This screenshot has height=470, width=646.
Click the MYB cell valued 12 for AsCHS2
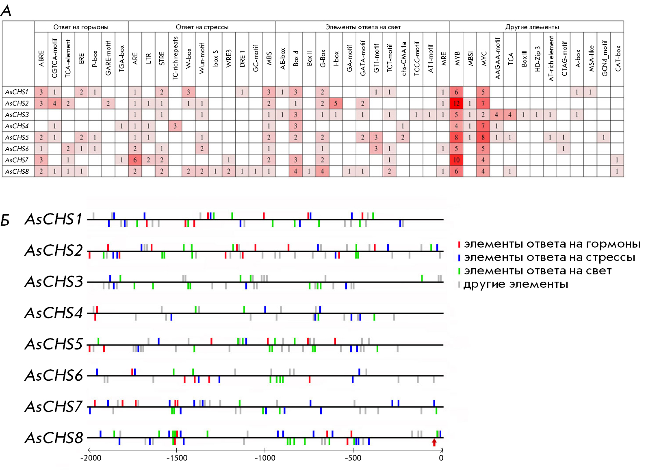coord(456,103)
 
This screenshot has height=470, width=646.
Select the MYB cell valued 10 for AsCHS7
coord(456,160)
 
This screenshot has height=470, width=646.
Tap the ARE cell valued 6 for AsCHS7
coord(135,160)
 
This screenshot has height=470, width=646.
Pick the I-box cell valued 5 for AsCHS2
coord(336,103)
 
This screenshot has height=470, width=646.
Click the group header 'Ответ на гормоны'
coord(81,27)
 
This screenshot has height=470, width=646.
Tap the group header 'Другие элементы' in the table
coord(532,27)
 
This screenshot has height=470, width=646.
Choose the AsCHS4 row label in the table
coord(17,126)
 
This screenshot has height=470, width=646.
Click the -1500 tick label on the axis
coord(177,458)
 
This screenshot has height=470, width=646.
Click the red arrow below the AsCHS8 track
coord(434,442)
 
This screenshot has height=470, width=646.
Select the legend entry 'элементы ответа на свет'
coord(537,271)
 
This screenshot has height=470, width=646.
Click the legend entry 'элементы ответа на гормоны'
coord(551,244)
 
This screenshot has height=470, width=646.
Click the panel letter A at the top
coord(6,11)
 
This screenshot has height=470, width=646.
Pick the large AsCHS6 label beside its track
coord(54,375)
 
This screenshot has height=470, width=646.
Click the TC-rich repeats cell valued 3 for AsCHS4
coord(175,126)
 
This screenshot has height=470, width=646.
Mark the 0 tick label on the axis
coord(441,458)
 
